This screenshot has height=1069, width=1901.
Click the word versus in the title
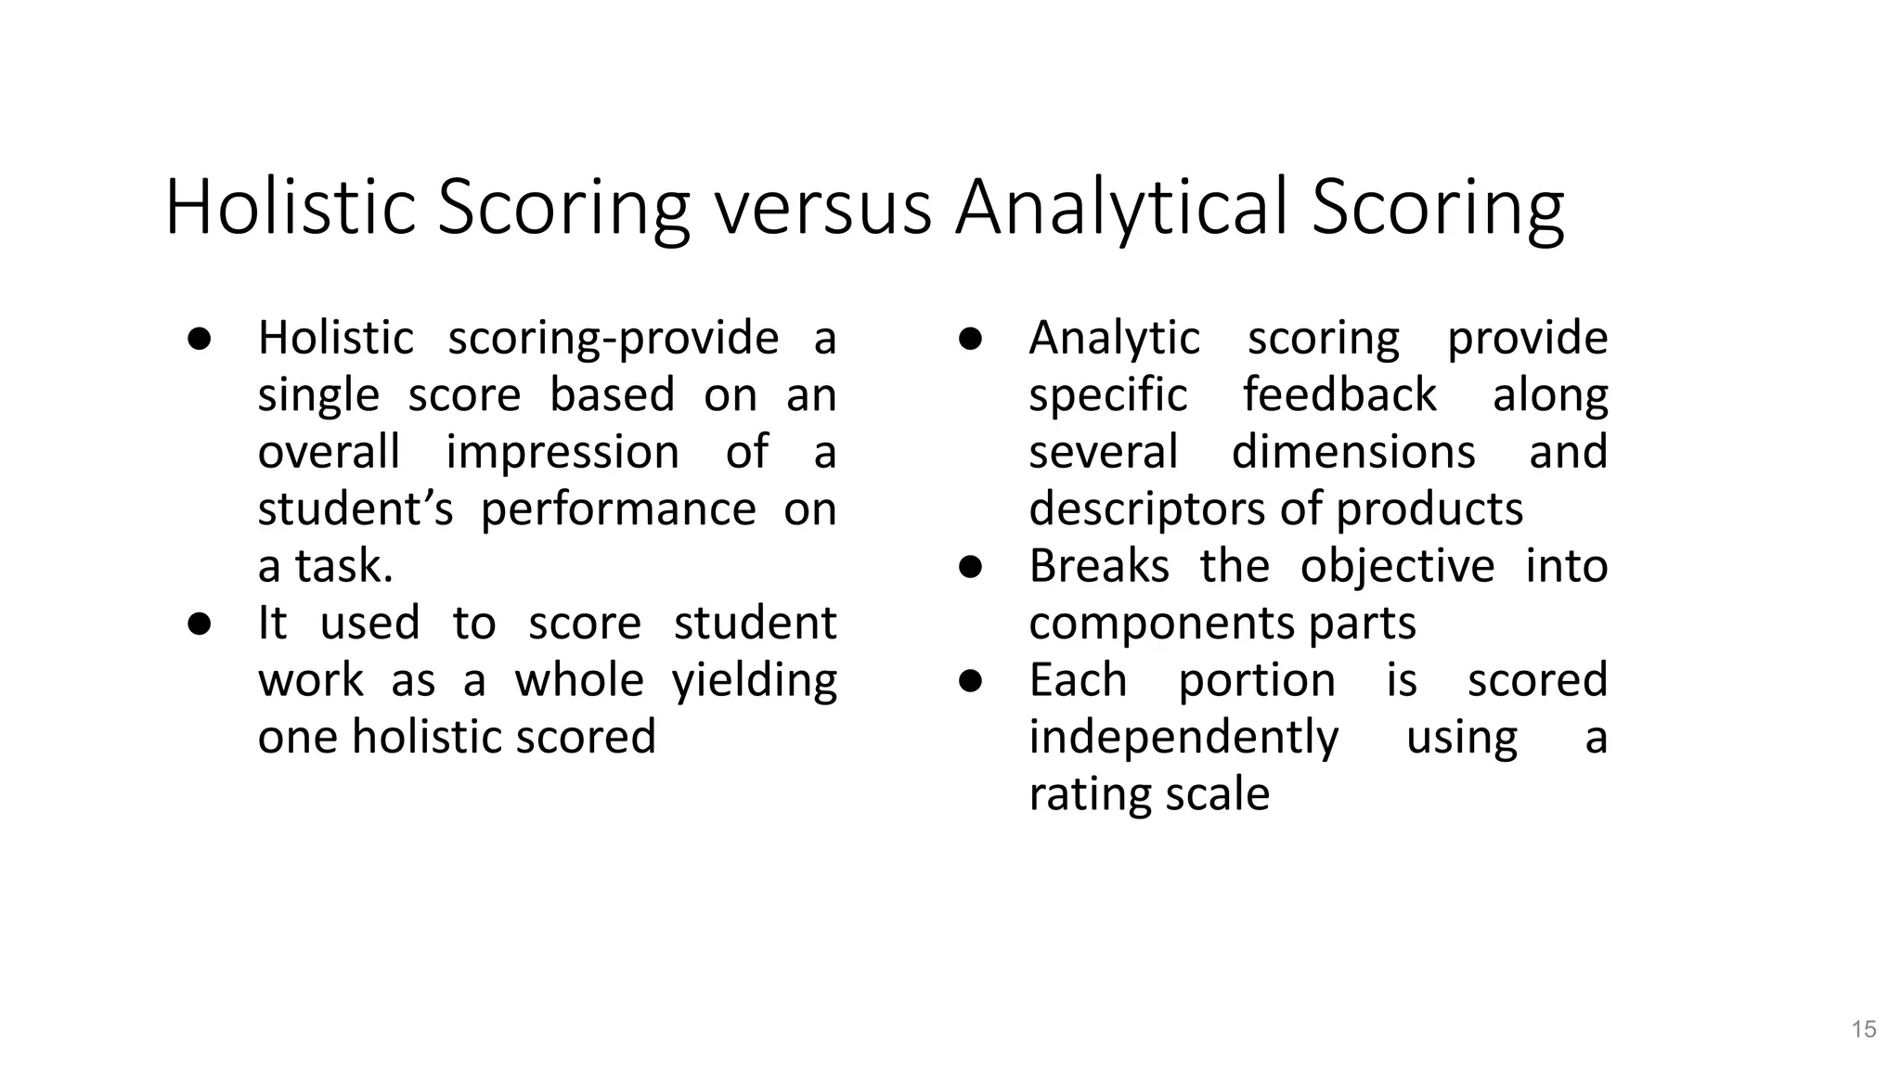pyautogui.click(x=822, y=208)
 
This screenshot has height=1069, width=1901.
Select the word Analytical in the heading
pyautogui.click(x=1121, y=208)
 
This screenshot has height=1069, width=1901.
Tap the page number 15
pyautogui.click(x=1864, y=1029)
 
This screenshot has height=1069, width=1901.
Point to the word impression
pyautogui.click(x=563, y=453)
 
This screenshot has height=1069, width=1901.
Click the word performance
pyautogui.click(x=618, y=509)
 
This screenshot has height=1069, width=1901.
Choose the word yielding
pyautogui.click(x=754, y=680)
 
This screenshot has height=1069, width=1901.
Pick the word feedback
pyautogui.click(x=1339, y=395)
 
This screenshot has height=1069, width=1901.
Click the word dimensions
pyautogui.click(x=1353, y=453)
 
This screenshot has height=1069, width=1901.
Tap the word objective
pyautogui.click(x=1397, y=566)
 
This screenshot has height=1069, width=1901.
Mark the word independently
pyautogui.click(x=1183, y=738)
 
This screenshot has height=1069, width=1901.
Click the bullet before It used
pyautogui.click(x=199, y=624)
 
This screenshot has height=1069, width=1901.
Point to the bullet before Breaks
pyautogui.click(x=970, y=566)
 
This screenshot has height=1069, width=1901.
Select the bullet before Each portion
pyautogui.click(x=970, y=680)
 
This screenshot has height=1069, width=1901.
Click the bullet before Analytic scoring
pyautogui.click(x=970, y=339)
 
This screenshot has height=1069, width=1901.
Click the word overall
pyautogui.click(x=329, y=453)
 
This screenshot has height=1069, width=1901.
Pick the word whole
pyautogui.click(x=579, y=680)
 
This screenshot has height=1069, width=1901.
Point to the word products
pyautogui.click(x=1429, y=509)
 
